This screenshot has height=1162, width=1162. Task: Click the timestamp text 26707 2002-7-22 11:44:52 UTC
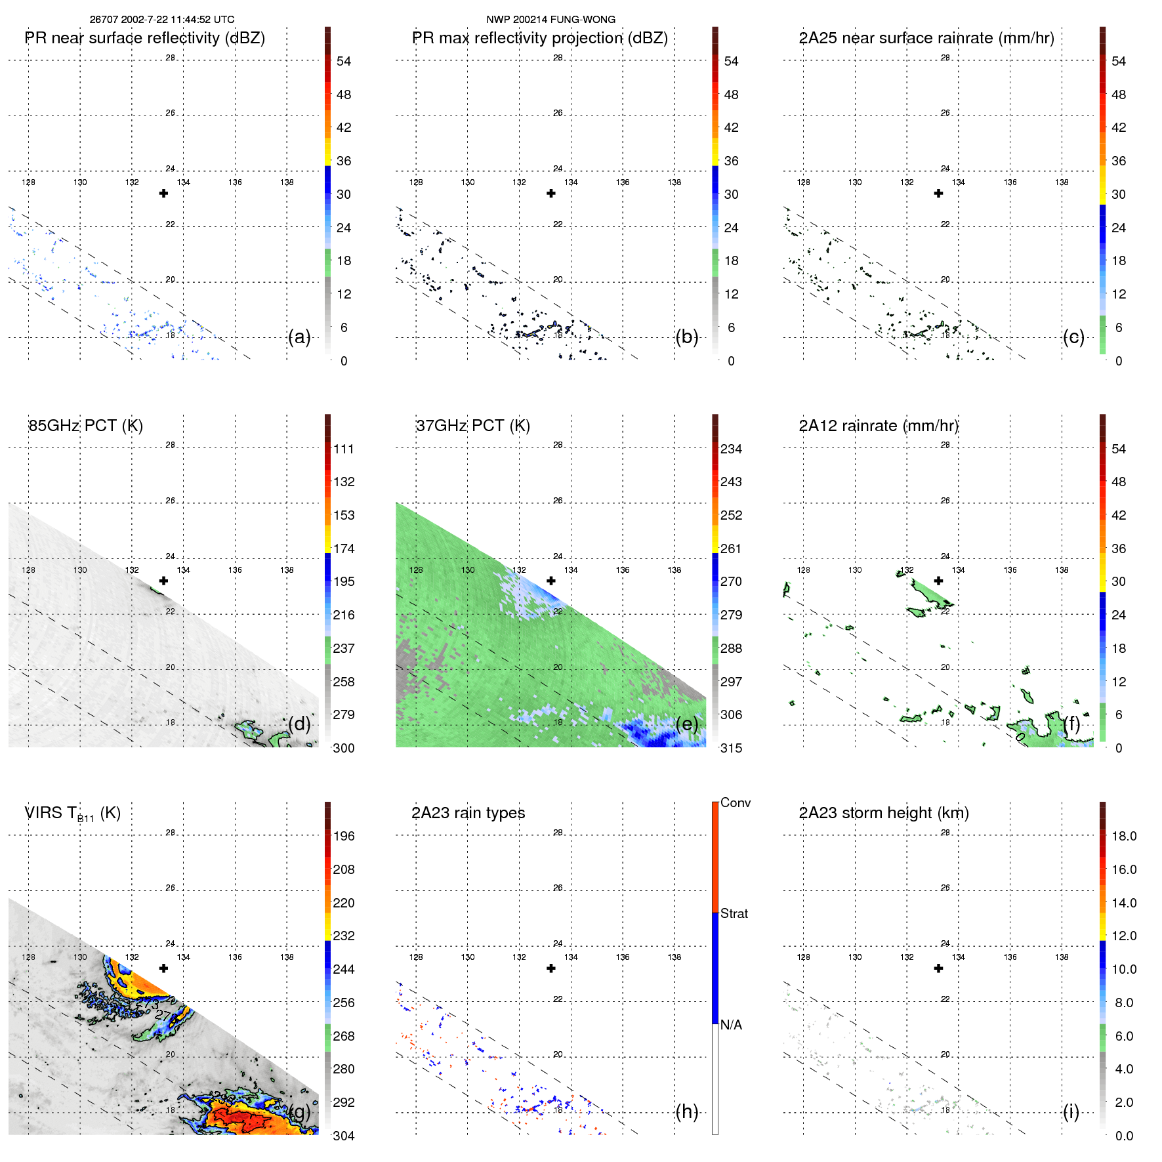pos(161,20)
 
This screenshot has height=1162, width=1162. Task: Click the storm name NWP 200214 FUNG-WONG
pos(550,20)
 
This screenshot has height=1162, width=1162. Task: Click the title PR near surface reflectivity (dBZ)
pos(145,38)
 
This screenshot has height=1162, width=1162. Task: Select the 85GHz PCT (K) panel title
pos(85,426)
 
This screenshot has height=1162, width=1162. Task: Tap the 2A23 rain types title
pos(468,813)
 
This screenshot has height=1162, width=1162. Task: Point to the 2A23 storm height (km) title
pos(883,813)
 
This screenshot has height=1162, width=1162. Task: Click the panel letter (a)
pos(299,337)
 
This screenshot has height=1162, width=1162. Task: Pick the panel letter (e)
pos(687,724)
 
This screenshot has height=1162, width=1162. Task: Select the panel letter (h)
pos(687,1111)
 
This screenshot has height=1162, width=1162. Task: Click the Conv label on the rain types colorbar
pos(736,803)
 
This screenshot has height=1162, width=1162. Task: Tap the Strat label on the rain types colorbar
pos(734,914)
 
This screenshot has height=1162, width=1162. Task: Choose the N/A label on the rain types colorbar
pos(731,1025)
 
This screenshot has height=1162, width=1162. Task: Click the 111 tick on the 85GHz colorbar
pos(344,449)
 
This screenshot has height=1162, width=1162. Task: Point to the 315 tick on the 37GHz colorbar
pos(731,748)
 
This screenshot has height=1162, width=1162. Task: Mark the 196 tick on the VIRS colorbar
pos(344,837)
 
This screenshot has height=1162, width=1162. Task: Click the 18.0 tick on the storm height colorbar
pos(1123,837)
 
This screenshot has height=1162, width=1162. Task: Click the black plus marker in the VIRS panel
pos(163,968)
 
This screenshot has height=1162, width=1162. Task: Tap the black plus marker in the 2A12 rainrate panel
pos(938,581)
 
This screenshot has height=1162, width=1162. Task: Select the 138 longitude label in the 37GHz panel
pos(674,570)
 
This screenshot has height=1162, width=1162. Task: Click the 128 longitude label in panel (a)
pos(28,182)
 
